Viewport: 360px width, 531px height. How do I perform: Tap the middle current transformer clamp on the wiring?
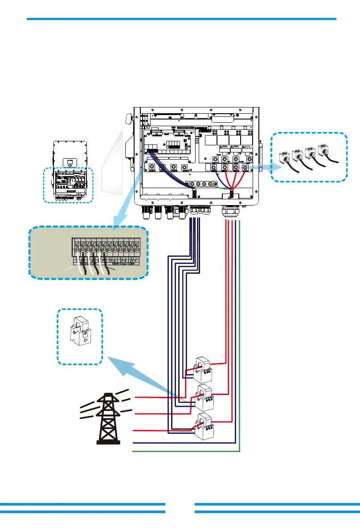[x=205, y=396]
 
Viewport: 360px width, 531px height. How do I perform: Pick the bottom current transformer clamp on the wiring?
[x=205, y=426]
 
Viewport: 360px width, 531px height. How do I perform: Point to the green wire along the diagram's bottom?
[x=187, y=451]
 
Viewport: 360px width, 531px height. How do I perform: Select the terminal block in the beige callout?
[x=106, y=252]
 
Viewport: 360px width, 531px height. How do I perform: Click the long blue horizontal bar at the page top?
[x=181, y=19]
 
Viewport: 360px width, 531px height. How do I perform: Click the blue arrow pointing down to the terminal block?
[x=125, y=210]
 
